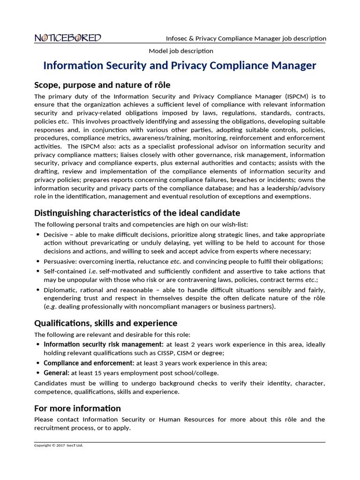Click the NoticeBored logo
coord(67,38)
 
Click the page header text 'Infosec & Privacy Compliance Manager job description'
coord(246,38)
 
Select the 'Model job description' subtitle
coord(181,51)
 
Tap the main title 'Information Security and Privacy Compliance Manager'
coord(180,66)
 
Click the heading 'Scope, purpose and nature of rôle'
coord(102,85)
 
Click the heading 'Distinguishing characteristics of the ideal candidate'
coord(137,213)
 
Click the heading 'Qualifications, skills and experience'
coord(105,323)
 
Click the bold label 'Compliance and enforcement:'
coord(89,363)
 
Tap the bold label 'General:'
coord(56,373)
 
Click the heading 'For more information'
coord(77,408)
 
